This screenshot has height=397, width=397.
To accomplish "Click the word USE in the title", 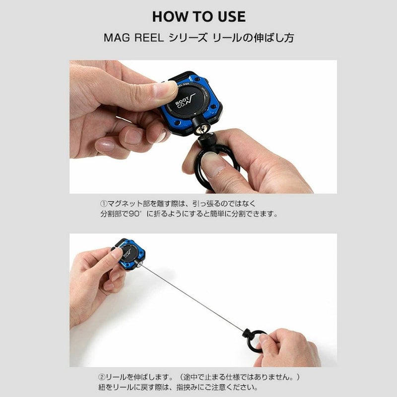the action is point(232,17).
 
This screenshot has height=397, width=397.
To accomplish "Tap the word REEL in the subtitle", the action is point(149,38).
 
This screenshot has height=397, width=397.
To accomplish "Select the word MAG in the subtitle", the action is point(117,38).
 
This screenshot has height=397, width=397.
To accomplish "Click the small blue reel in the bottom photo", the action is point(130,254).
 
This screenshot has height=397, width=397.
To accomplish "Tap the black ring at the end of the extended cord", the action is point(254,340).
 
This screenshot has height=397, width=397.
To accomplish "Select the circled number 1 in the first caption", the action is point(104,203).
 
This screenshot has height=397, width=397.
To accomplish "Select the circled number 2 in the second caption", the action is point(102,377).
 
